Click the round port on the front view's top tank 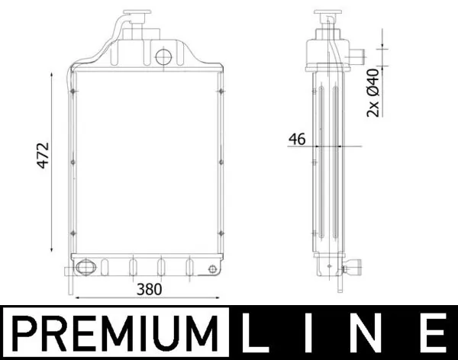click(163, 56)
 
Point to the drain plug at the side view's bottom click(353, 268)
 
